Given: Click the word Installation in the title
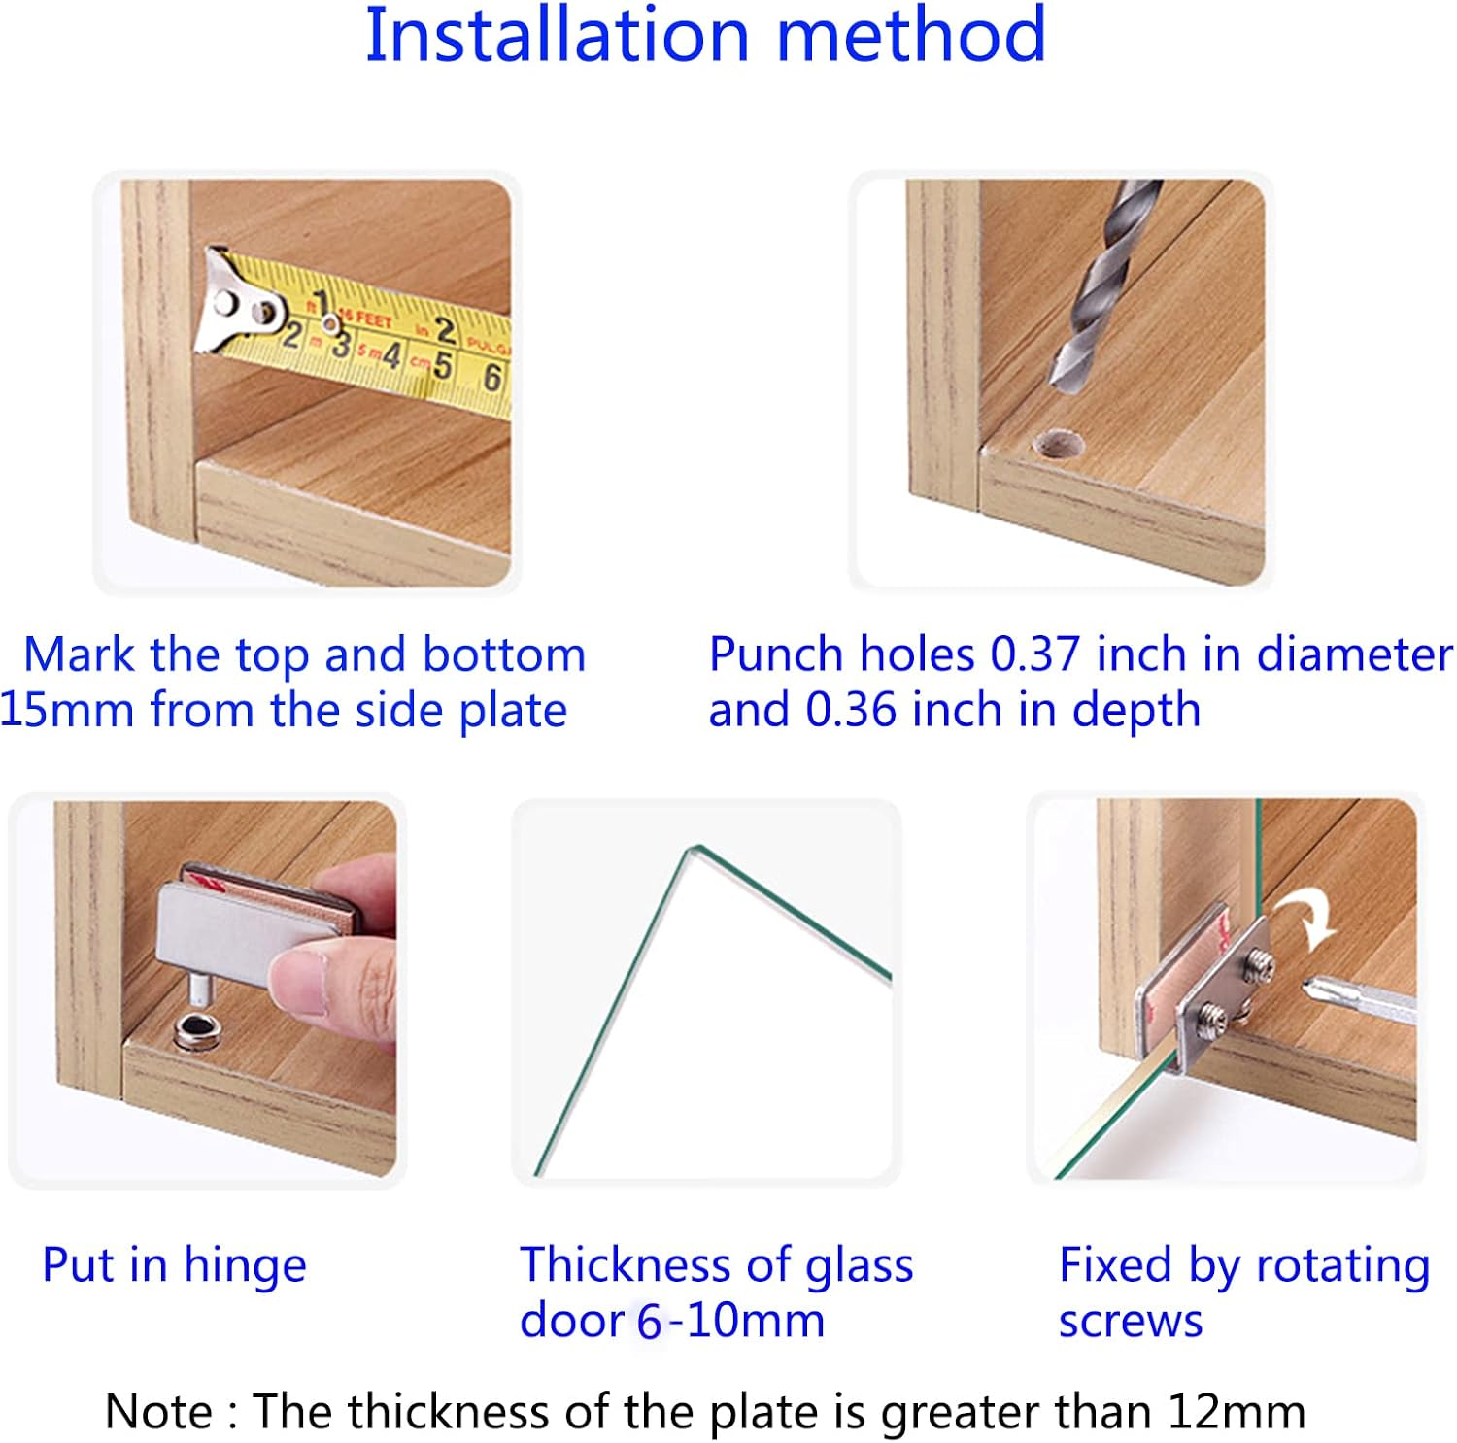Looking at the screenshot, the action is (x=557, y=35).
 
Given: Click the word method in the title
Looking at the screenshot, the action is (x=911, y=35).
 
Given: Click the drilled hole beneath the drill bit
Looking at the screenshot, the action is (x=1058, y=445).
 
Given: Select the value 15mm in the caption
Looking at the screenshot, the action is (x=67, y=710).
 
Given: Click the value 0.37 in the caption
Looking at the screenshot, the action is (x=1035, y=654).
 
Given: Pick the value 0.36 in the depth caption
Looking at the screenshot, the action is (x=851, y=710).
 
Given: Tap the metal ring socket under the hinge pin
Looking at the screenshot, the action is (x=196, y=1032).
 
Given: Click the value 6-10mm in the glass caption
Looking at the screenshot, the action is (x=730, y=1321).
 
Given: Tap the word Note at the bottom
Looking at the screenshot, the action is (x=158, y=1411).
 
